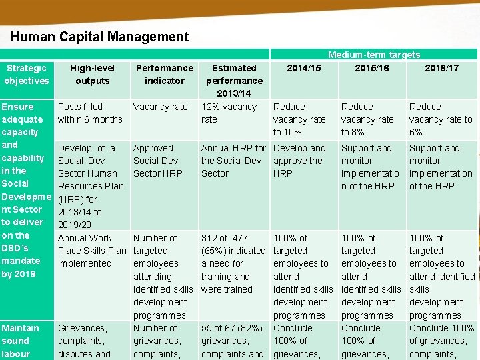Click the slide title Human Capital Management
[100, 37]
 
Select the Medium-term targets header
[373, 55]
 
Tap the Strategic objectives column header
[27, 74]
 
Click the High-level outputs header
[93, 74]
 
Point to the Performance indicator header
[164, 74]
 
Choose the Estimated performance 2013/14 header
[234, 81]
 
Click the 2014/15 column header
[303, 68]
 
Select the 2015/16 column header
[372, 68]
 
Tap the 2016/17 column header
[442, 68]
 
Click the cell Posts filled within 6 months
[90, 113]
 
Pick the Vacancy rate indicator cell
[161, 107]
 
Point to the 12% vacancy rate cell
[229, 113]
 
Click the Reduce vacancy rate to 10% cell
[299, 119]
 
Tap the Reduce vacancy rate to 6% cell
[441, 119]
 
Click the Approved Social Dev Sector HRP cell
[156, 161]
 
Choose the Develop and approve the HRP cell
[299, 161]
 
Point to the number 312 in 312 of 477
[209, 238]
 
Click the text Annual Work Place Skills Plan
[92, 251]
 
